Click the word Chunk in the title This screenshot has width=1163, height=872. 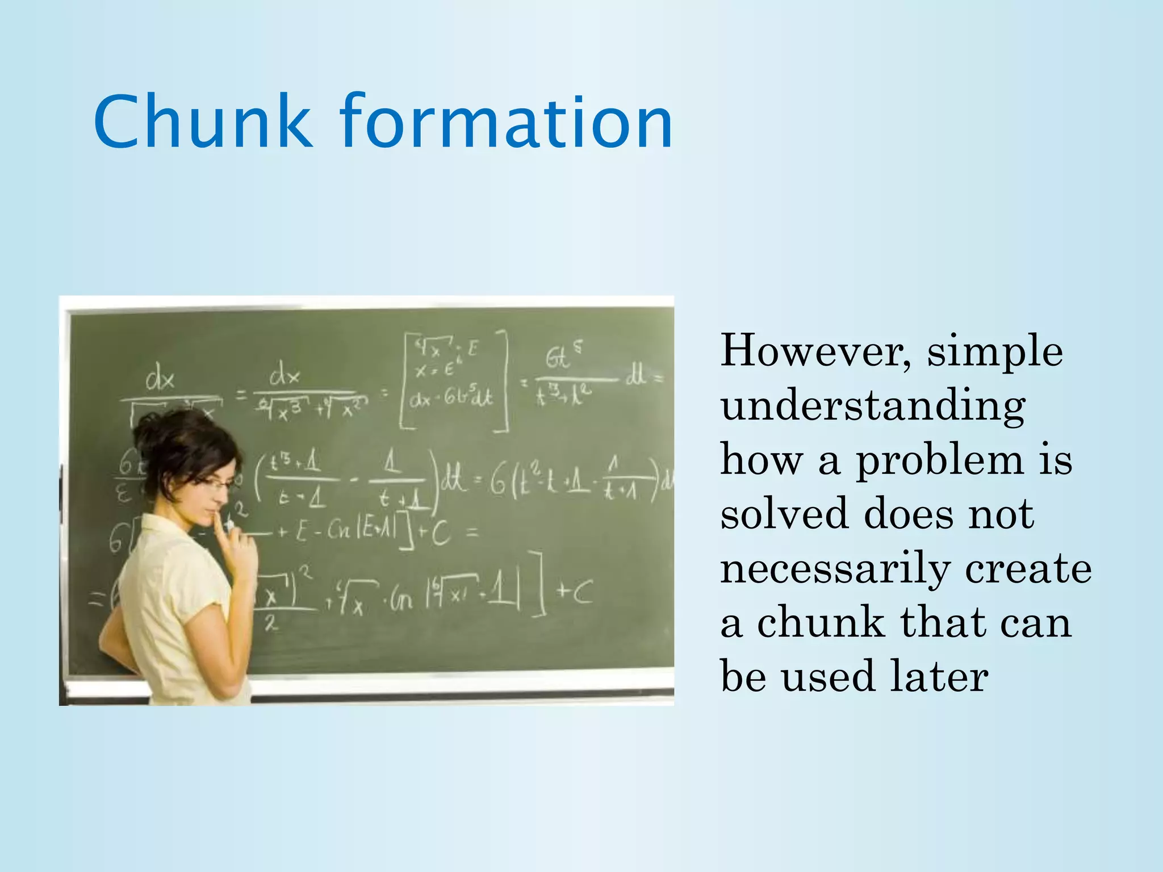(203, 122)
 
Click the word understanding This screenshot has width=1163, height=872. (873, 408)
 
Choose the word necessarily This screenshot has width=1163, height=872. (835, 569)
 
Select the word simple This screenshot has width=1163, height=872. (995, 352)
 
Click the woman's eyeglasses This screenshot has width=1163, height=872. (215, 483)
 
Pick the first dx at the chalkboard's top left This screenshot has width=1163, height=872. (160, 379)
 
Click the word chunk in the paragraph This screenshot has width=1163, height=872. (821, 623)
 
